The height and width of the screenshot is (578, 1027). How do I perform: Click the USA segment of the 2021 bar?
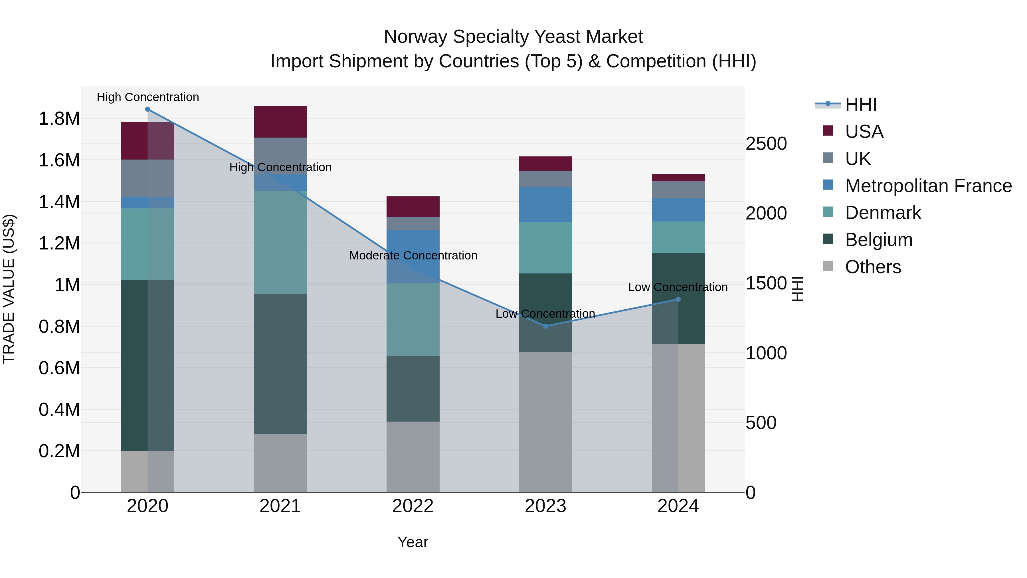[280, 122]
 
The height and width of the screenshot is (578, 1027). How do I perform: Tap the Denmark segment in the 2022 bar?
[413, 319]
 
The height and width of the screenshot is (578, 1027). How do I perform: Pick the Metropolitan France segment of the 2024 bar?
[678, 210]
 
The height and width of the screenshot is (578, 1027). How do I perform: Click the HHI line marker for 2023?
[546, 326]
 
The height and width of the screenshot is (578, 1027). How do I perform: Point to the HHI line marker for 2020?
[147, 109]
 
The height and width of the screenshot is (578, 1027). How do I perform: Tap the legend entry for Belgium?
[878, 240]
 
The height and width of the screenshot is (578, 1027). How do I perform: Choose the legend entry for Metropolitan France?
[928, 186]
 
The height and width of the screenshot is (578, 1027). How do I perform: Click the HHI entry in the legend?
[860, 104]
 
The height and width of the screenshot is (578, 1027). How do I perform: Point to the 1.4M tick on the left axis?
[59, 202]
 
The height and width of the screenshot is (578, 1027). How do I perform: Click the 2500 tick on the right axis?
[766, 144]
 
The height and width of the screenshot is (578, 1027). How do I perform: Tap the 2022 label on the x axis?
[413, 506]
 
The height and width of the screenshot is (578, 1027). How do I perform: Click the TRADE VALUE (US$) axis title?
[9, 289]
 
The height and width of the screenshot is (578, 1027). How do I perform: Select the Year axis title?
[413, 542]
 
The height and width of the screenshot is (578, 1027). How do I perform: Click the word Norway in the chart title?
[415, 37]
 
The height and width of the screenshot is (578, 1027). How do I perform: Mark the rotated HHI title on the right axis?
[797, 289]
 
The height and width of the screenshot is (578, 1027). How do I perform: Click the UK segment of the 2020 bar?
[147, 178]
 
